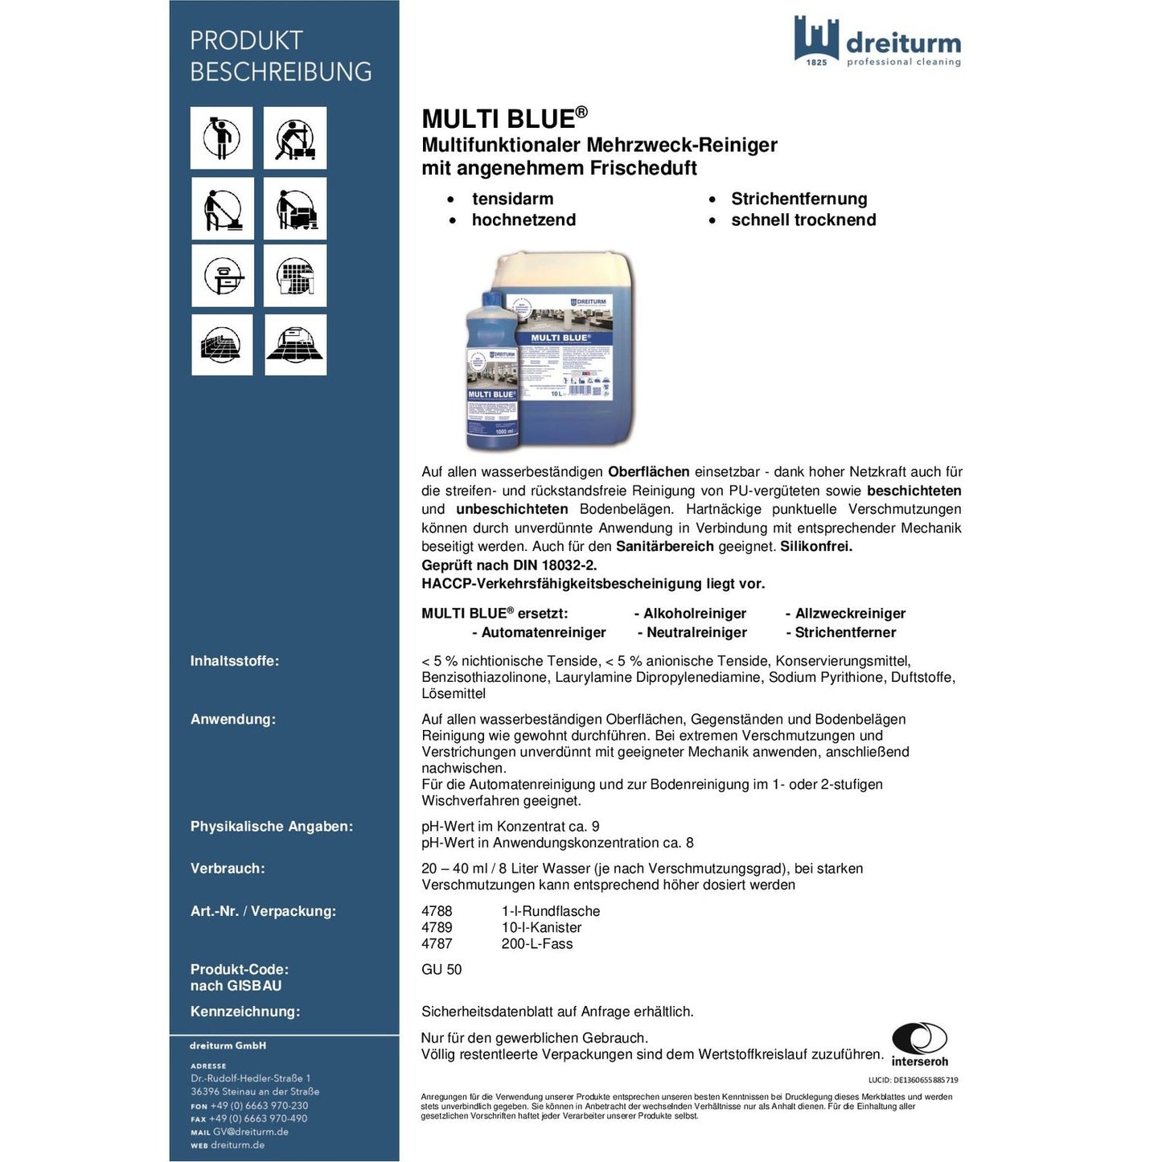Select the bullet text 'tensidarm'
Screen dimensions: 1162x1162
click(512, 199)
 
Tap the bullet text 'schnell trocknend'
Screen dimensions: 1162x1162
click(803, 220)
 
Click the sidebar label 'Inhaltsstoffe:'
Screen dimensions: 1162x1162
click(234, 661)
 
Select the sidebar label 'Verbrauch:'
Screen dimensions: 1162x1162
click(227, 868)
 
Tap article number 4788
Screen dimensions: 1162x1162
click(437, 911)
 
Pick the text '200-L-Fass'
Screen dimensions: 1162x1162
click(536, 943)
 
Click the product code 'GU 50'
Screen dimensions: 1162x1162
click(441, 969)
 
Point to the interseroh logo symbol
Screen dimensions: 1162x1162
click(919, 1038)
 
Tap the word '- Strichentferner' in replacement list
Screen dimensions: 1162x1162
click(840, 632)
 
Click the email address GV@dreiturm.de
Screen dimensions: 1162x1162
click(250, 1131)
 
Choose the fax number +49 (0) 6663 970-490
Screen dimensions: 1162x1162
click(258, 1119)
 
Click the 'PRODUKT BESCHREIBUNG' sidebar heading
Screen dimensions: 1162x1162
click(280, 55)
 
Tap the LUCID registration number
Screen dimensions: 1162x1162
click(913, 1080)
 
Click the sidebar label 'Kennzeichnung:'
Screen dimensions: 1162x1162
click(244, 1012)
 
